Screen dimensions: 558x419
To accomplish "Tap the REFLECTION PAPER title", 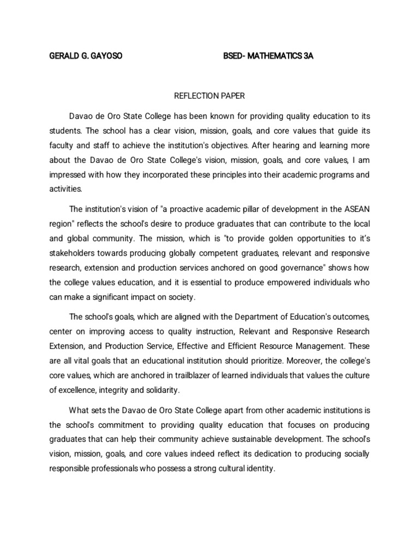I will [x=209, y=96].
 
